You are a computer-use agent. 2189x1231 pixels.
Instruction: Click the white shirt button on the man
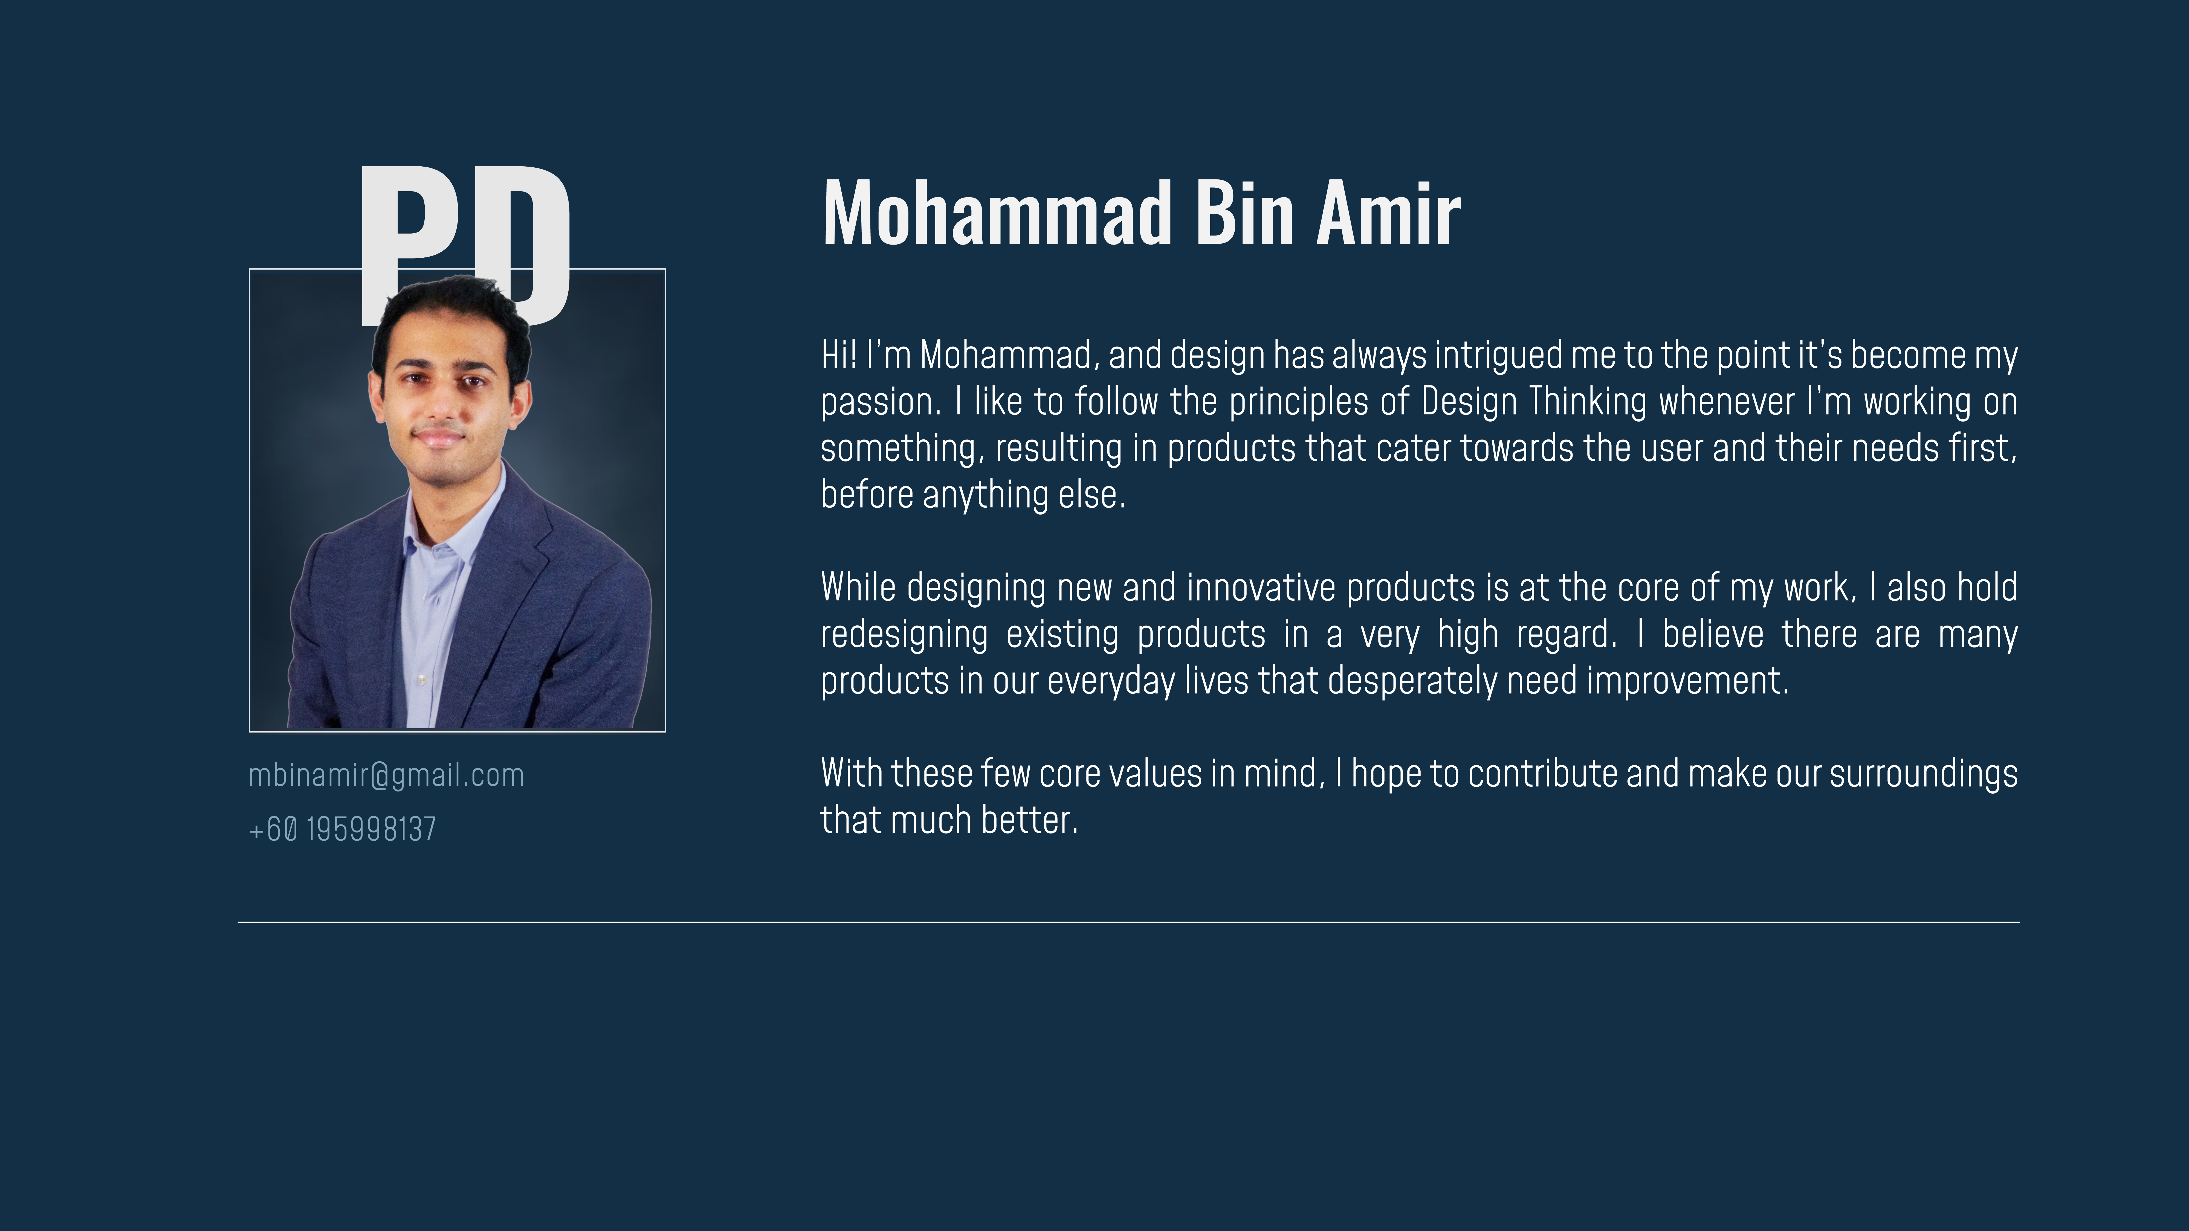tap(421, 680)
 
